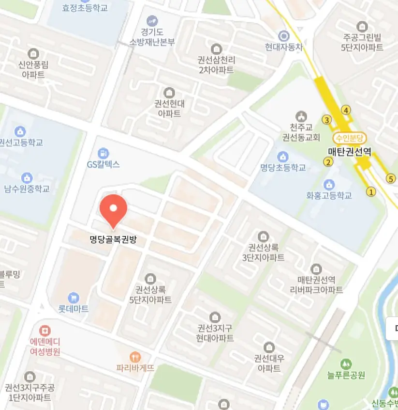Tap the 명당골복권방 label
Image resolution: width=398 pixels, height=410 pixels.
[113, 238]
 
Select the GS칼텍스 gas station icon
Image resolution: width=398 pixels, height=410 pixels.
[103, 153]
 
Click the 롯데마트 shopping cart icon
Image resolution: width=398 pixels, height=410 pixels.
[74, 296]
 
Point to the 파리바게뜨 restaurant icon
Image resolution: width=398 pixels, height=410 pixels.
[135, 357]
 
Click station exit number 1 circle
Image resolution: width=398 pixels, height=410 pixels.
[371, 192]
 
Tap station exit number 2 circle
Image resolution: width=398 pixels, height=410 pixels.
[329, 162]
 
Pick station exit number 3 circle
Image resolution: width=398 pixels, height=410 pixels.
[327, 120]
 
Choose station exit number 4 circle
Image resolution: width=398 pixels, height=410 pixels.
[346, 110]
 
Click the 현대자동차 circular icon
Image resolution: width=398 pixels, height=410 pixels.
[283, 35]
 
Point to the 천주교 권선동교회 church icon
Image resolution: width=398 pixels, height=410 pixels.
[301, 116]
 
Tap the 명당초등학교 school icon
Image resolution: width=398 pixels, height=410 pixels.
[283, 157]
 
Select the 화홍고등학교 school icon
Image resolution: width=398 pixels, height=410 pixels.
[329, 185]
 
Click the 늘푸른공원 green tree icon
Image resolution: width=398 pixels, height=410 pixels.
[345, 363]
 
